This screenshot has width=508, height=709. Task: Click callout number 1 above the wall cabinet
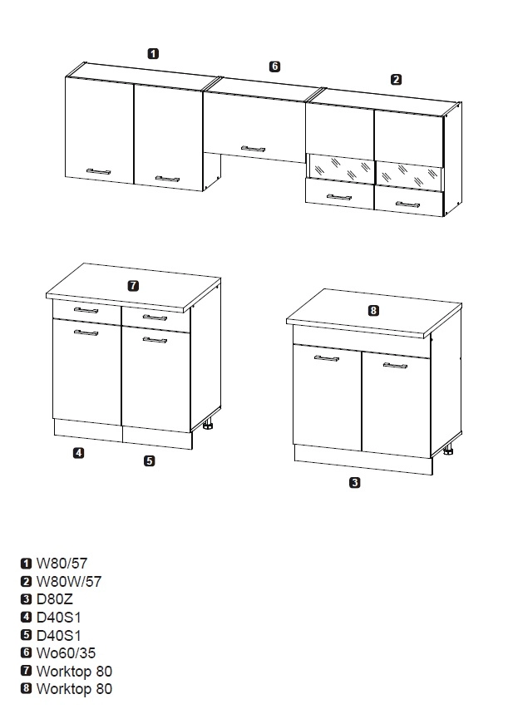pos(153,53)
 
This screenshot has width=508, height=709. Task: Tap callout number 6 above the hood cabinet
pos(274,66)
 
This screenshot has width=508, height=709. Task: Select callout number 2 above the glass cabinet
pos(396,80)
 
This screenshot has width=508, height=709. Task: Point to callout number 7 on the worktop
pos(133,286)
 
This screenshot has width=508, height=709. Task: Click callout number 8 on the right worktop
pos(373,311)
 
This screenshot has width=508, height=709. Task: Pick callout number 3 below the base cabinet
pos(355,482)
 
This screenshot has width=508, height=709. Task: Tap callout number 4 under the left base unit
pos(79,453)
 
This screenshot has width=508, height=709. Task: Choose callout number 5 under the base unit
pos(150,460)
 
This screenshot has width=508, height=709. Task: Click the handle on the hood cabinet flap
pos(254,149)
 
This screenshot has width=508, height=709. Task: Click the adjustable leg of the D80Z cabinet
pos(448,451)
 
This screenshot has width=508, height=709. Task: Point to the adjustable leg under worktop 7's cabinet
pos(208,425)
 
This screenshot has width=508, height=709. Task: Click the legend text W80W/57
pos(69,582)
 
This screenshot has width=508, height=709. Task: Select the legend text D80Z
pos(54,599)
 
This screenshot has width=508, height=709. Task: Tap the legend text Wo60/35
pos(66,653)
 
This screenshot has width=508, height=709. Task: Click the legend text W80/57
pos(62,564)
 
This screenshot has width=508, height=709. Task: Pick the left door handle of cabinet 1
pos(99,171)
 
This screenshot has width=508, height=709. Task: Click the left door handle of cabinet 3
pos(326,358)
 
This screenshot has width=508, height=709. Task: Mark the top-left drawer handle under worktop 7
pos(86,310)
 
